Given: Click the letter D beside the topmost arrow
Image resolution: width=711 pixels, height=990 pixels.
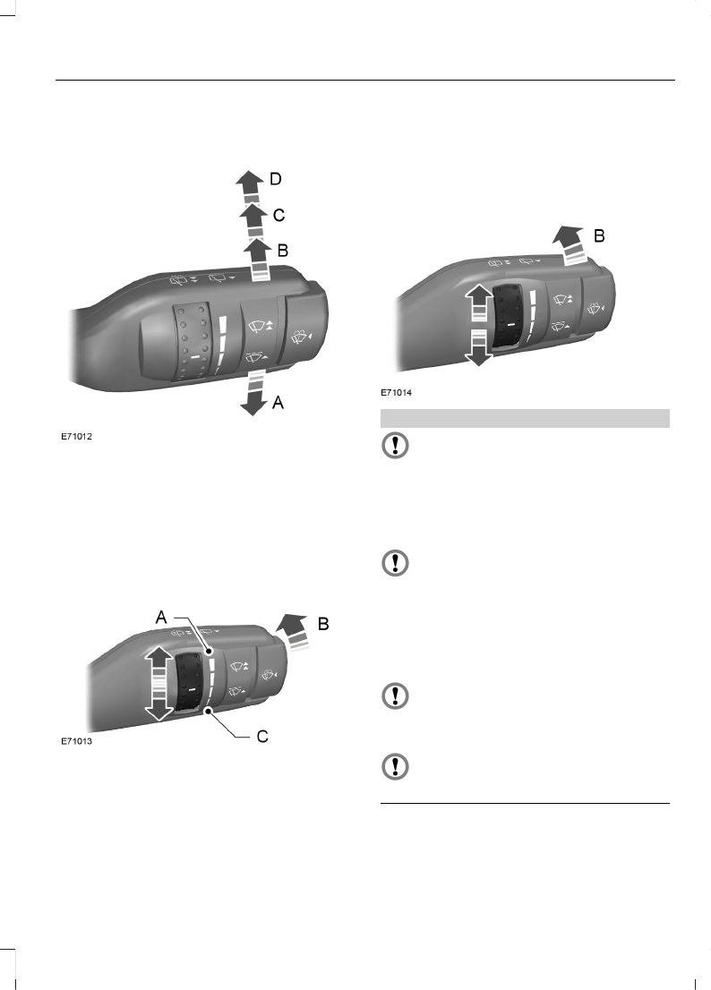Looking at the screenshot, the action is pyautogui.click(x=275, y=179).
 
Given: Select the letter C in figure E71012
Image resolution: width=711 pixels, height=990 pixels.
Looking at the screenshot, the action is pyautogui.click(x=278, y=216).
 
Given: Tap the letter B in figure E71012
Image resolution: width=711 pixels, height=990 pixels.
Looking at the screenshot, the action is pyautogui.click(x=283, y=251).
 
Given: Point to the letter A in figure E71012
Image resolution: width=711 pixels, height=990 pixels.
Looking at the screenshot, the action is pyautogui.click(x=278, y=402).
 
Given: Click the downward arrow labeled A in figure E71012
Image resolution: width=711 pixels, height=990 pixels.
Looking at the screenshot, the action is pyautogui.click(x=253, y=393).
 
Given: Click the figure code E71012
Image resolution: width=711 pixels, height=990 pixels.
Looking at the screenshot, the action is pyautogui.click(x=76, y=436).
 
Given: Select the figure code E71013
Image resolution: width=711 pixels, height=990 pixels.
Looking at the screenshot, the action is pyautogui.click(x=76, y=741).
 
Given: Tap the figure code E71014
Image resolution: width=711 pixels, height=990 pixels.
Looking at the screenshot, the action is pyautogui.click(x=396, y=393).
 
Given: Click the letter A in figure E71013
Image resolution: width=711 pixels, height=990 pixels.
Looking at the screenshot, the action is pyautogui.click(x=162, y=617).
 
